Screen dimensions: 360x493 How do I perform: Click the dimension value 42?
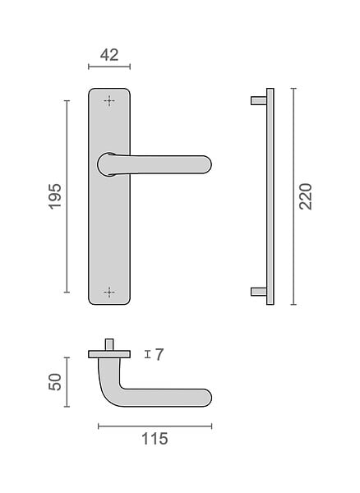pyautogui.click(x=109, y=55)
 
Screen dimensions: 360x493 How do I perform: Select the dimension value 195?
pyautogui.click(x=55, y=196)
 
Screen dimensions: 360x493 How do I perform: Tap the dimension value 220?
pyautogui.click(x=306, y=196)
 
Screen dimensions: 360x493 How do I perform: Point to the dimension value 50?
pyautogui.click(x=55, y=382)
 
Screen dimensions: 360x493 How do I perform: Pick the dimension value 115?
pyautogui.click(x=155, y=439)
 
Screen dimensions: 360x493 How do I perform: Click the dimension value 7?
pyautogui.click(x=159, y=355)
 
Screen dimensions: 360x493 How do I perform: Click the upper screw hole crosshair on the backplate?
pyautogui.click(x=109, y=101)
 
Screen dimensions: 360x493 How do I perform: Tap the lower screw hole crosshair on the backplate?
pyautogui.click(x=109, y=292)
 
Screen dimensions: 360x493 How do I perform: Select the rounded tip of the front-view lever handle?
pyautogui.click(x=206, y=164)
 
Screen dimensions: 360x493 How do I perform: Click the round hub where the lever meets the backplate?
pyautogui.click(x=107, y=164)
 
